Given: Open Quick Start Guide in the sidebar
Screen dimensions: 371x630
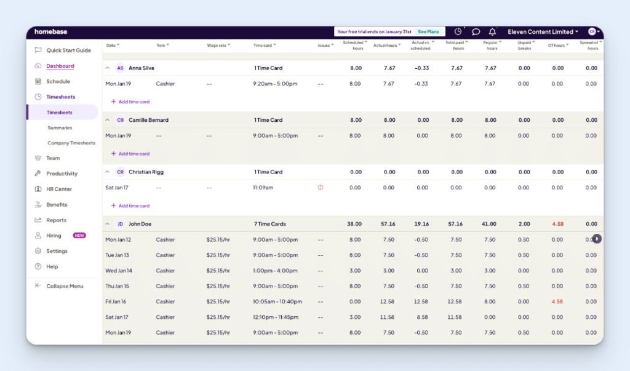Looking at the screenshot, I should click(68, 50).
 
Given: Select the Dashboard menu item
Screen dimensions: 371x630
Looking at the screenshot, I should click(60, 66).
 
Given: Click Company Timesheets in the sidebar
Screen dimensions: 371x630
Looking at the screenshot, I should click(71, 143).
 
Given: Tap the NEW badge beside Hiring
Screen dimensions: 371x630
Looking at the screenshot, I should click(79, 236).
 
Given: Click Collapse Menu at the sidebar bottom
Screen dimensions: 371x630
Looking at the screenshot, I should click(65, 286).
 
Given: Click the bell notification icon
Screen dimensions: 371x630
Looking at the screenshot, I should click(492, 32).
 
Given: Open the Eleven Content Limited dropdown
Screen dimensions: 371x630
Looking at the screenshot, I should click(543, 32).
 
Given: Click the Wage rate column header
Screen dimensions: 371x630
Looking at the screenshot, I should click(219, 45).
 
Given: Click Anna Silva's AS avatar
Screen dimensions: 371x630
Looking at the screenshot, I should click(120, 68).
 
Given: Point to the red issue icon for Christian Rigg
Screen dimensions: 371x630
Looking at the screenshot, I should click(321, 188).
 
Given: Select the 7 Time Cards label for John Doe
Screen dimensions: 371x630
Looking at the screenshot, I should click(269, 224).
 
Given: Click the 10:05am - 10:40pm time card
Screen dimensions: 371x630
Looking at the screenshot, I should click(277, 301).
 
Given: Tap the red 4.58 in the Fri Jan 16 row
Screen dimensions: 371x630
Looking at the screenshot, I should click(557, 301).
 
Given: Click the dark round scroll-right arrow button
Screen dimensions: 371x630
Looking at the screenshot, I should click(596, 239).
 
